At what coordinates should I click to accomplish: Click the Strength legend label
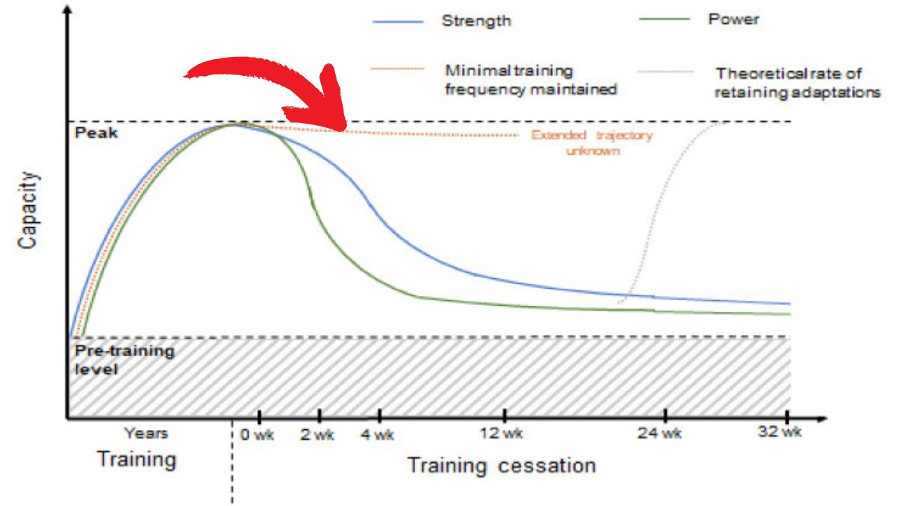(x=475, y=20)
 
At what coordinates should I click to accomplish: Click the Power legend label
(x=733, y=19)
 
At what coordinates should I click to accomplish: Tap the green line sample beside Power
(x=665, y=20)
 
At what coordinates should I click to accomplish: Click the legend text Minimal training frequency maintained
(x=530, y=80)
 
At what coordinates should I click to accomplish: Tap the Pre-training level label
(x=124, y=359)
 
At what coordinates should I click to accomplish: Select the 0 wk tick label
(x=256, y=435)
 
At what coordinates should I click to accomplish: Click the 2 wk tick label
(x=318, y=435)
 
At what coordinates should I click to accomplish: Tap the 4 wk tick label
(x=377, y=435)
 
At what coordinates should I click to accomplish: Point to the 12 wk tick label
(x=504, y=433)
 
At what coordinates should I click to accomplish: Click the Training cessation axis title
(x=501, y=465)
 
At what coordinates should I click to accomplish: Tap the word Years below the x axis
(x=146, y=434)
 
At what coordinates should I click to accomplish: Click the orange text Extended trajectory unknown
(x=591, y=143)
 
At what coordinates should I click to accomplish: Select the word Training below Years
(x=137, y=460)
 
